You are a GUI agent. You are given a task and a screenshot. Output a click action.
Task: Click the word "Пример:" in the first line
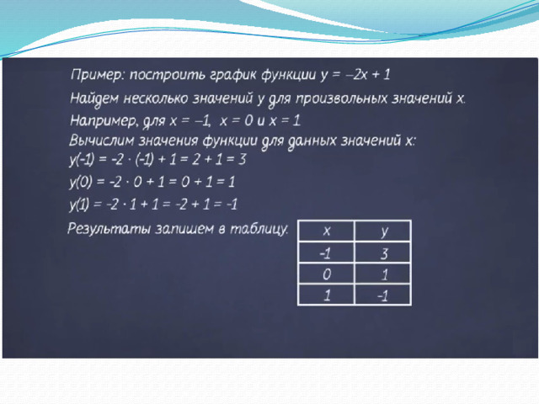tap(97, 75)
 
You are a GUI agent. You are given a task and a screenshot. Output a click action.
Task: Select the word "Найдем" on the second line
tap(94, 98)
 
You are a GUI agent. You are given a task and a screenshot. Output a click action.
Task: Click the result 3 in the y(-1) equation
tap(242, 159)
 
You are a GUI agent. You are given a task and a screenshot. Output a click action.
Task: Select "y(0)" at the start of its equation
tap(81, 182)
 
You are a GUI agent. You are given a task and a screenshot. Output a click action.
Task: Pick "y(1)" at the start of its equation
tap(79, 205)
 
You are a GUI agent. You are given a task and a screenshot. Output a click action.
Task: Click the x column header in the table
tap(326, 231)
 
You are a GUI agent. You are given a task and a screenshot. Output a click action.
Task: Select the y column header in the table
tap(383, 231)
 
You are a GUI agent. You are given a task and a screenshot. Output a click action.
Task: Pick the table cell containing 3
tap(383, 252)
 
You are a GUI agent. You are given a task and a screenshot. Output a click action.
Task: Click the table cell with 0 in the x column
tap(326, 274)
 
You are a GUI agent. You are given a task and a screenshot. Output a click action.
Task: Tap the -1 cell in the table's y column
tap(383, 295)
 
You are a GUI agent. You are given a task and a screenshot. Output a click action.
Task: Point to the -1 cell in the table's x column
tap(326, 252)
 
